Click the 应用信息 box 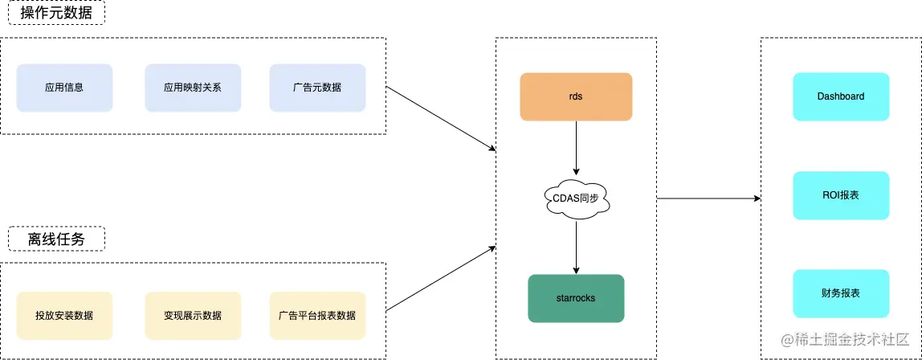64,88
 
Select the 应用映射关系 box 193,88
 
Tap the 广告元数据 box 317,88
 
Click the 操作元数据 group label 56,13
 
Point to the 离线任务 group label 56,239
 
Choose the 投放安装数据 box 64,315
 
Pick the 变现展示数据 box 193,315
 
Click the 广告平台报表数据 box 317,315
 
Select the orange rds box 576,96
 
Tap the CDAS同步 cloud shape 576,198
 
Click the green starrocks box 576,298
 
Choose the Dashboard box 841,96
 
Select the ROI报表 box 841,195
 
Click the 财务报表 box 841,293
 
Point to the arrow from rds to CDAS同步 576,149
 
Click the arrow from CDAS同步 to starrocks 576,247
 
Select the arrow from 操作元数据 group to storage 442,118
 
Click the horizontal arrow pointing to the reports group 708,198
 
